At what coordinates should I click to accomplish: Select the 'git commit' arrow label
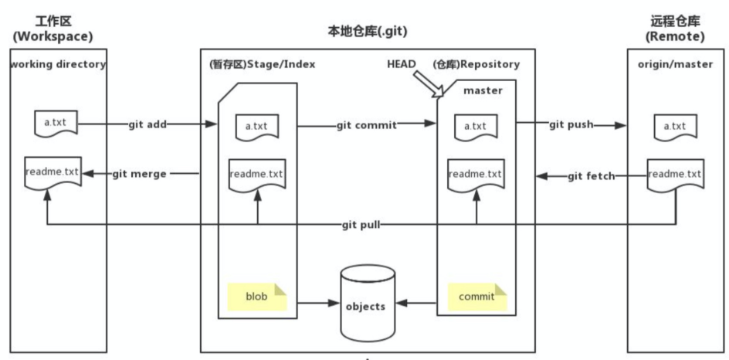click(366, 124)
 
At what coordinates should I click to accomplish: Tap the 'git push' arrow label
click(571, 124)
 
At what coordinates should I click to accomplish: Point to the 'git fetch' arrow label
click(592, 176)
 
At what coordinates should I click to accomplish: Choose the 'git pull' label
click(361, 225)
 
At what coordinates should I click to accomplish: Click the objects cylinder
click(365, 304)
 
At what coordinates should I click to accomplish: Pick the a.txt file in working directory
click(54, 123)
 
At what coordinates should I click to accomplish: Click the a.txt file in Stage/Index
click(256, 125)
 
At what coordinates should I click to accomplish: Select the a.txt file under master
click(477, 125)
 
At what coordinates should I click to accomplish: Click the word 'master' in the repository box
click(483, 90)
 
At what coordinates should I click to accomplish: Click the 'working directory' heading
click(58, 64)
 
